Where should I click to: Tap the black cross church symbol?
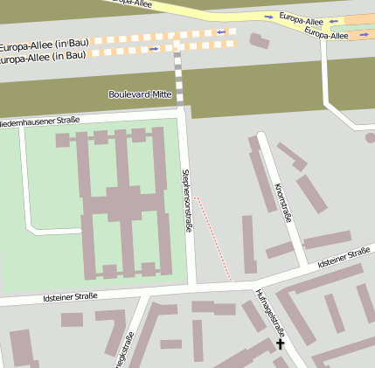[281, 344]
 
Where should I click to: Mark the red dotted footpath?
[214, 238]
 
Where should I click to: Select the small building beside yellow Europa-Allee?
[260, 40]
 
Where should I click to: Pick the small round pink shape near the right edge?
[371, 137]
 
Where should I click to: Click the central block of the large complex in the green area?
[122, 205]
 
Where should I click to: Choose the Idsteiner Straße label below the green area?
[70, 297]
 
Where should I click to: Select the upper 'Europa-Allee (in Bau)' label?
[44, 45]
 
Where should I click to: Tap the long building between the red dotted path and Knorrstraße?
[249, 245]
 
